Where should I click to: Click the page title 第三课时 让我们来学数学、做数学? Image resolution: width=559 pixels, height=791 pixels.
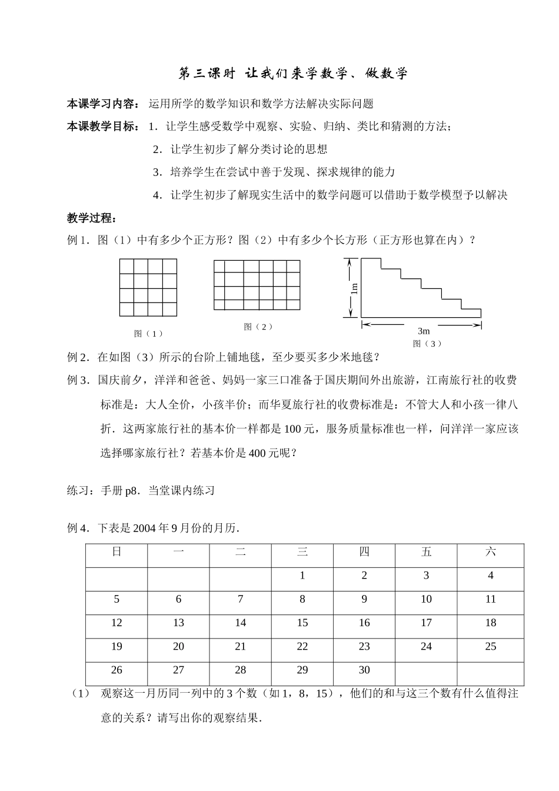[292, 74]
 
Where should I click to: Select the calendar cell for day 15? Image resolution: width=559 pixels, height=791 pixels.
[302, 623]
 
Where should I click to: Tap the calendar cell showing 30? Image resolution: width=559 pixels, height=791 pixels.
[364, 670]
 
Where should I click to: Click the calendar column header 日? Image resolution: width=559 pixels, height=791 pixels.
[117, 552]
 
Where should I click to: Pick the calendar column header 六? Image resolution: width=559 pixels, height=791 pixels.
[491, 552]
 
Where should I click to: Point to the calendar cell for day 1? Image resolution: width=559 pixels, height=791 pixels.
[302, 576]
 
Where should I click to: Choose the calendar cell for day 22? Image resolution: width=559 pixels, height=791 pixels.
[302, 646]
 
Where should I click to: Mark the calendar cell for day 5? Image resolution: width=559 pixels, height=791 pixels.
[117, 599]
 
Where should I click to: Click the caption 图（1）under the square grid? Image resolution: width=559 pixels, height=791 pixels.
[148, 334]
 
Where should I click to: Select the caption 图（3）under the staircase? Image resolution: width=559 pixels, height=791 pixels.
[427, 343]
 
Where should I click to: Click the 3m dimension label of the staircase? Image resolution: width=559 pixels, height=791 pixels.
[424, 331]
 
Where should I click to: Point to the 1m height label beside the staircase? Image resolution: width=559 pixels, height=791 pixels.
[354, 288]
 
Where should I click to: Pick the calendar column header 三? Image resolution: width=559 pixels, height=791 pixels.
[302, 552]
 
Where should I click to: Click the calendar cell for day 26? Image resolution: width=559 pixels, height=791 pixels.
[117, 670]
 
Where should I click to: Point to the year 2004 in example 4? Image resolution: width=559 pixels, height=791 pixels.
[145, 528]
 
